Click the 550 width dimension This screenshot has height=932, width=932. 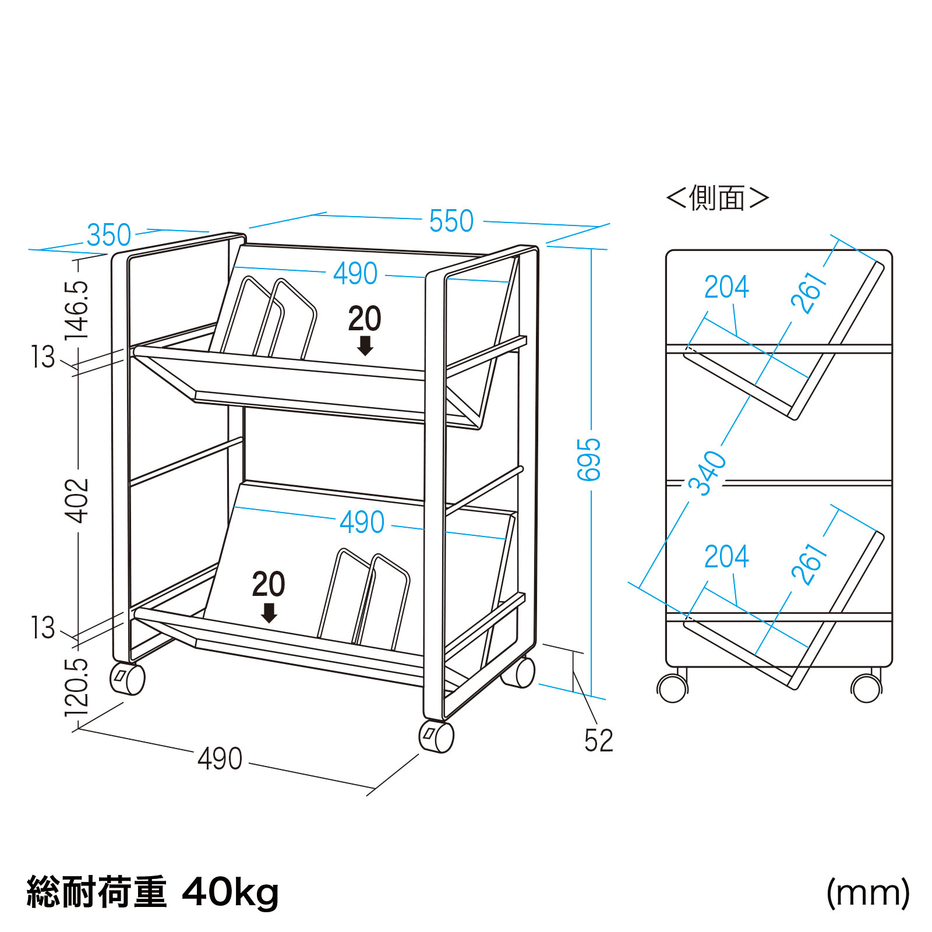coord(451,221)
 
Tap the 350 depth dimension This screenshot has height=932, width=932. coord(109,235)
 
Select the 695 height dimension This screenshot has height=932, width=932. coord(589,460)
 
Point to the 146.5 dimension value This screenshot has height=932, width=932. coord(77,310)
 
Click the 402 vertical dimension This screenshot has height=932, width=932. coord(77,501)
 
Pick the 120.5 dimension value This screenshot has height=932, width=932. coord(77,688)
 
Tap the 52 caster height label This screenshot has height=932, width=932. coord(599,741)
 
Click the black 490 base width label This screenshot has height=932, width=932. coord(220,759)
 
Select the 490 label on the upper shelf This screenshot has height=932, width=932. coord(355,274)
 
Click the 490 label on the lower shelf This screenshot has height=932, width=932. coord(362,523)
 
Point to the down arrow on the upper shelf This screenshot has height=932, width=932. coord(365,345)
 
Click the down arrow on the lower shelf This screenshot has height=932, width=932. coord(269,613)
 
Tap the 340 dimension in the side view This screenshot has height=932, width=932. coord(708,472)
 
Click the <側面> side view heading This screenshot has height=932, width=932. coord(718,198)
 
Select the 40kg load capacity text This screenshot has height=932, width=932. coord(231,893)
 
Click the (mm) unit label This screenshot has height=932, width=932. coord(868,893)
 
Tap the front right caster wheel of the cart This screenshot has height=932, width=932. coord(436,737)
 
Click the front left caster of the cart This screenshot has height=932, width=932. coord(128,679)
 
